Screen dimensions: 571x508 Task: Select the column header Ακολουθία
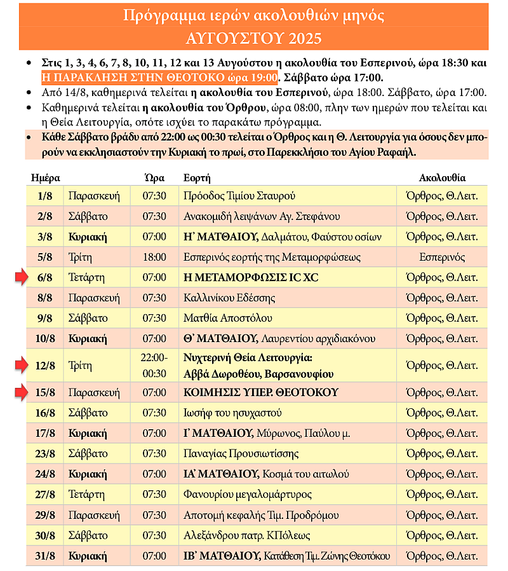pyautogui.click(x=443, y=177)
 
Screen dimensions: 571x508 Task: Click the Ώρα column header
pyautogui.click(x=154, y=177)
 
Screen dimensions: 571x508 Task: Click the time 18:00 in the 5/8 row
pyautogui.click(x=154, y=257)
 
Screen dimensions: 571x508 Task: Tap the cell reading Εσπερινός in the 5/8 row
pyautogui.click(x=443, y=257)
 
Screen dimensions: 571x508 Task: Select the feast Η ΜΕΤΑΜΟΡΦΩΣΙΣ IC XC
pyautogui.click(x=251, y=277)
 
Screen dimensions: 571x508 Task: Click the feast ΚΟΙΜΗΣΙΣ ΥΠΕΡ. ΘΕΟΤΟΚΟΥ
pyautogui.click(x=260, y=392)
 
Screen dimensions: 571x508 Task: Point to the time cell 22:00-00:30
pyautogui.click(x=154, y=365)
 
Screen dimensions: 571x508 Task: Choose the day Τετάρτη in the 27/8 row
pyautogui.click(x=87, y=494)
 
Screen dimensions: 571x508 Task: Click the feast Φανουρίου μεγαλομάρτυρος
pyautogui.click(x=246, y=494)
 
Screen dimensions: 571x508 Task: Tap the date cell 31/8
pyautogui.click(x=45, y=556)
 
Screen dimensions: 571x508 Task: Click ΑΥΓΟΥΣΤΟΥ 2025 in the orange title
pyautogui.click(x=254, y=39)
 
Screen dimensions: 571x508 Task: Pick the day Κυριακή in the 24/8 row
pyautogui.click(x=88, y=474)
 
